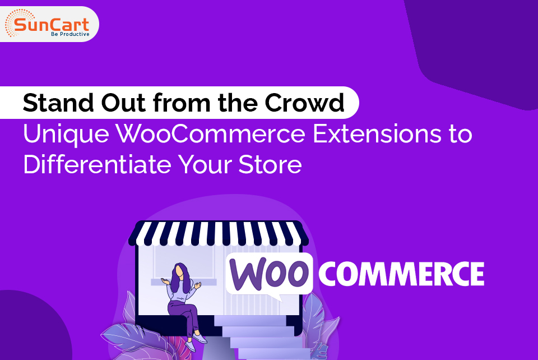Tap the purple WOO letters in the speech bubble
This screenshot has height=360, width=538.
[269, 273]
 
